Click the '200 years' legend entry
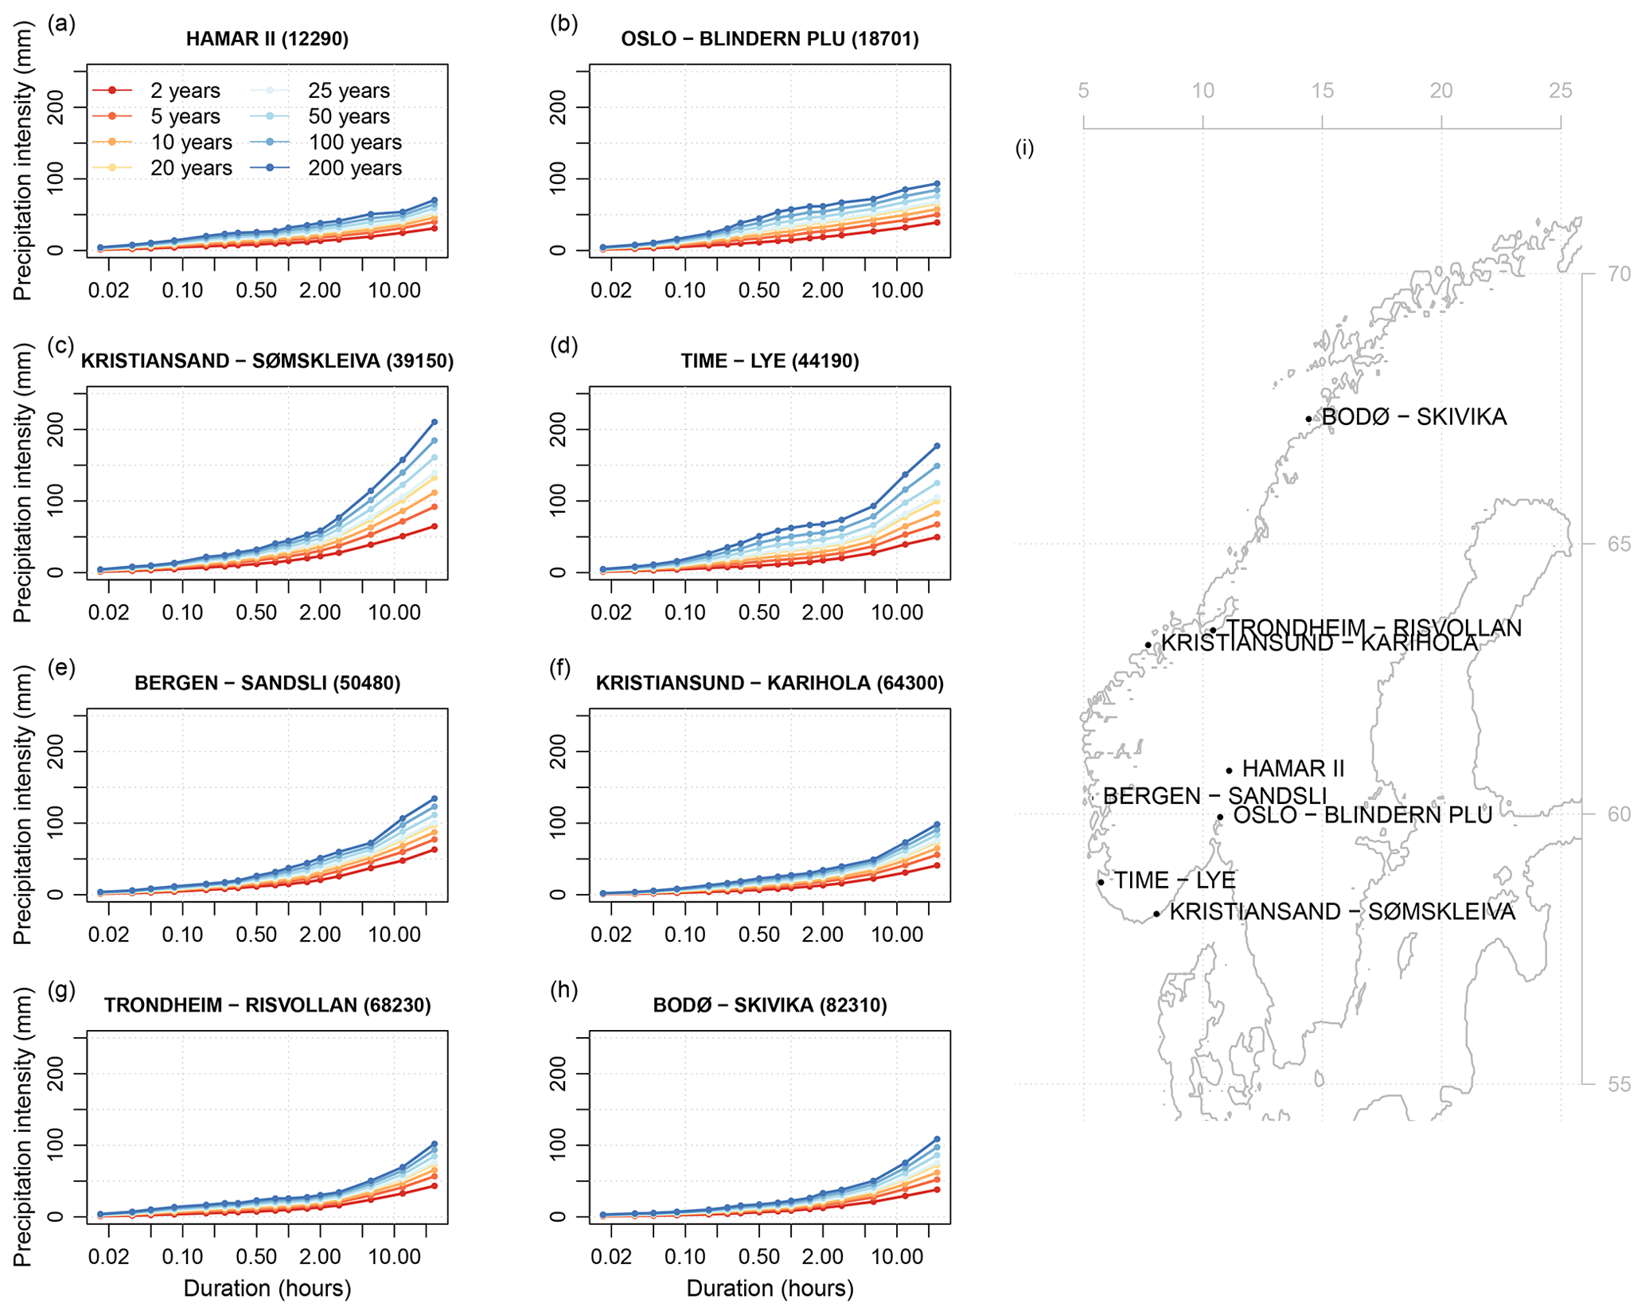tap(354, 168)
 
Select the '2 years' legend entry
tap(185, 91)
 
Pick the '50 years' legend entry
tap(349, 116)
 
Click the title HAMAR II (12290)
tap(267, 39)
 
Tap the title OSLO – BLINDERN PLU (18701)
tap(770, 39)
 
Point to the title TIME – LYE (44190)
tap(770, 361)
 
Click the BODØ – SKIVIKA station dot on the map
tap(1308, 419)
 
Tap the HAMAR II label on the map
tap(1292, 769)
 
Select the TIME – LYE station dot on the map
tap(1101, 882)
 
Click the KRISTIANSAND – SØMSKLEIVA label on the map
tap(1342, 911)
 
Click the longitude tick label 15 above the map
tap(1322, 91)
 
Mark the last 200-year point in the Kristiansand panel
tap(435, 422)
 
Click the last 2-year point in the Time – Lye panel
tap(937, 537)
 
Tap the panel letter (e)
tap(61, 668)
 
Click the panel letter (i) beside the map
tap(1025, 148)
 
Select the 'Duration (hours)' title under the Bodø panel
tap(770, 1288)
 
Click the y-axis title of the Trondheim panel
tap(22, 1126)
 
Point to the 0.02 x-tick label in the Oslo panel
tap(610, 291)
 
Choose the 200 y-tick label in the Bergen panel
tap(56, 751)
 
